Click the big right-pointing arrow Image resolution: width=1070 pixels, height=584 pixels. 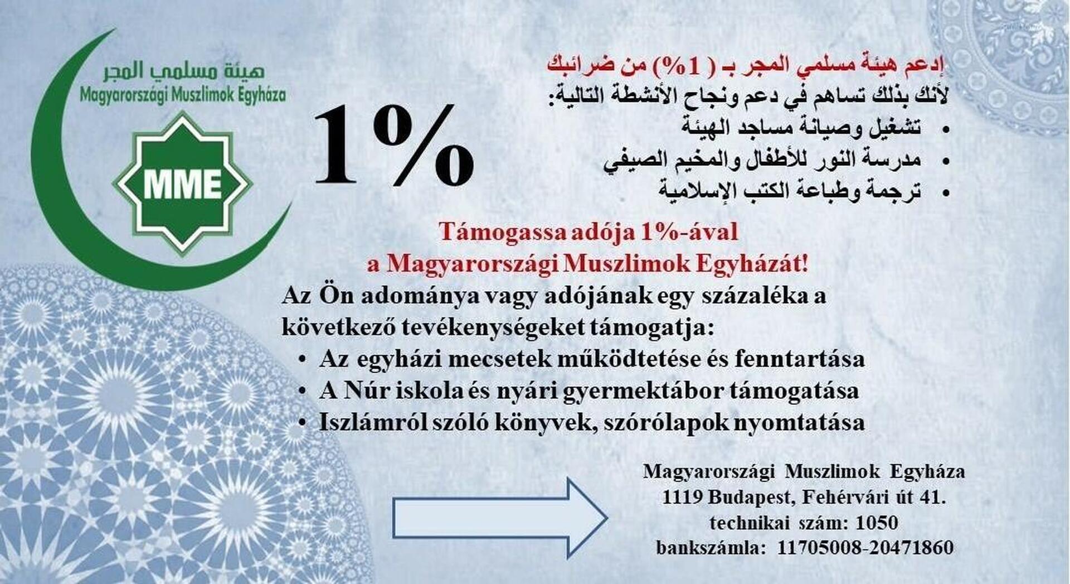[x=500, y=518]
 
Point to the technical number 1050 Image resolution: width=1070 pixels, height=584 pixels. [x=877, y=523]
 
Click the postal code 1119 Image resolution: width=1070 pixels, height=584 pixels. [x=682, y=496]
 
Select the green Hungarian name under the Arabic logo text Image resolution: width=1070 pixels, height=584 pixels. [x=183, y=95]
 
